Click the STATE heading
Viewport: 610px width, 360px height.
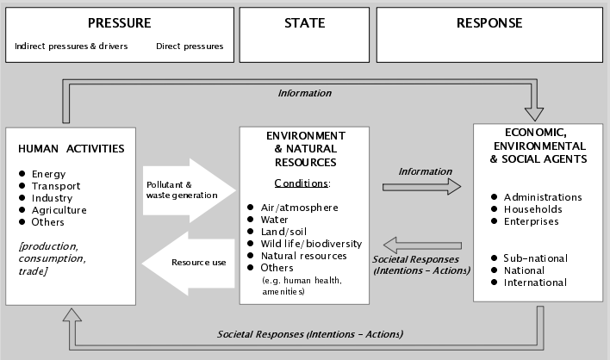[305, 24]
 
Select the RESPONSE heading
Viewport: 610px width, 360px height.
[489, 24]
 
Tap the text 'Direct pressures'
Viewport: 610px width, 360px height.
[190, 46]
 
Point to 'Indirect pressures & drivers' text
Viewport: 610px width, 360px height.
[72, 46]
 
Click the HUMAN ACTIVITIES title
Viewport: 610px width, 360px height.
[71, 148]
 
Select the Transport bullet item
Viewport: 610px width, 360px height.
[56, 186]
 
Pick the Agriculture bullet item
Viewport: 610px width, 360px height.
[59, 210]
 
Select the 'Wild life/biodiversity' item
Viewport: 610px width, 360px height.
[311, 244]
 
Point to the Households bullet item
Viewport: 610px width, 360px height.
[533, 209]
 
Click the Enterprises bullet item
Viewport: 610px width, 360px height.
[532, 221]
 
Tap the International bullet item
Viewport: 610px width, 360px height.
[535, 282]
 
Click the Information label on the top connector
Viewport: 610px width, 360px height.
[305, 93]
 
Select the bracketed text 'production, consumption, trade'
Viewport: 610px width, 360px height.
[53, 258]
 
